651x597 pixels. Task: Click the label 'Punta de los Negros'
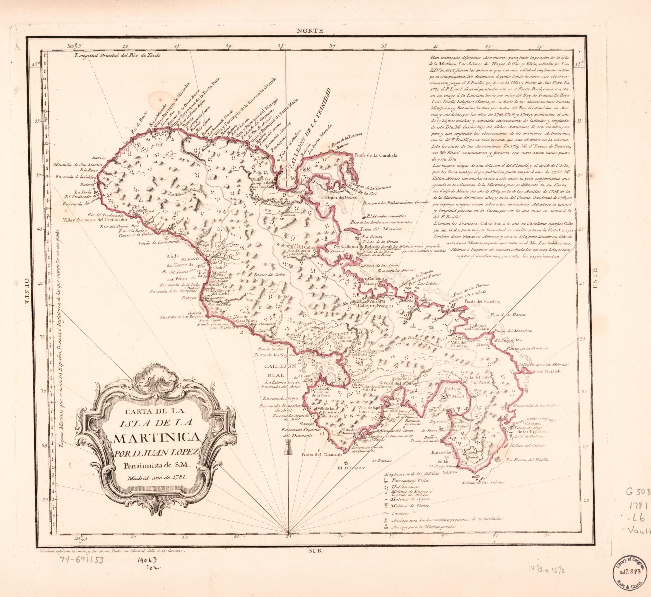tap(274, 354)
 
